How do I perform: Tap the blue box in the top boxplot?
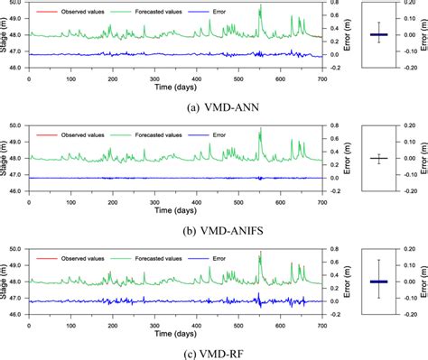click(378, 35)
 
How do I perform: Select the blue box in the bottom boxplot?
click(378, 282)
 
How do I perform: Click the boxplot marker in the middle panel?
click(378, 159)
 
